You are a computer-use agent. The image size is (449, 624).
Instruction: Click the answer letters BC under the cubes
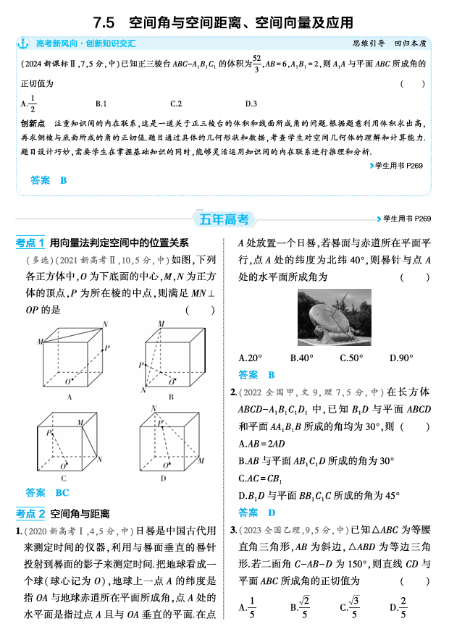click(62, 493)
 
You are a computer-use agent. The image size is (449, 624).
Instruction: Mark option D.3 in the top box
click(251, 104)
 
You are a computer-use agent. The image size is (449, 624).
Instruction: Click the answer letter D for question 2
click(272, 513)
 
